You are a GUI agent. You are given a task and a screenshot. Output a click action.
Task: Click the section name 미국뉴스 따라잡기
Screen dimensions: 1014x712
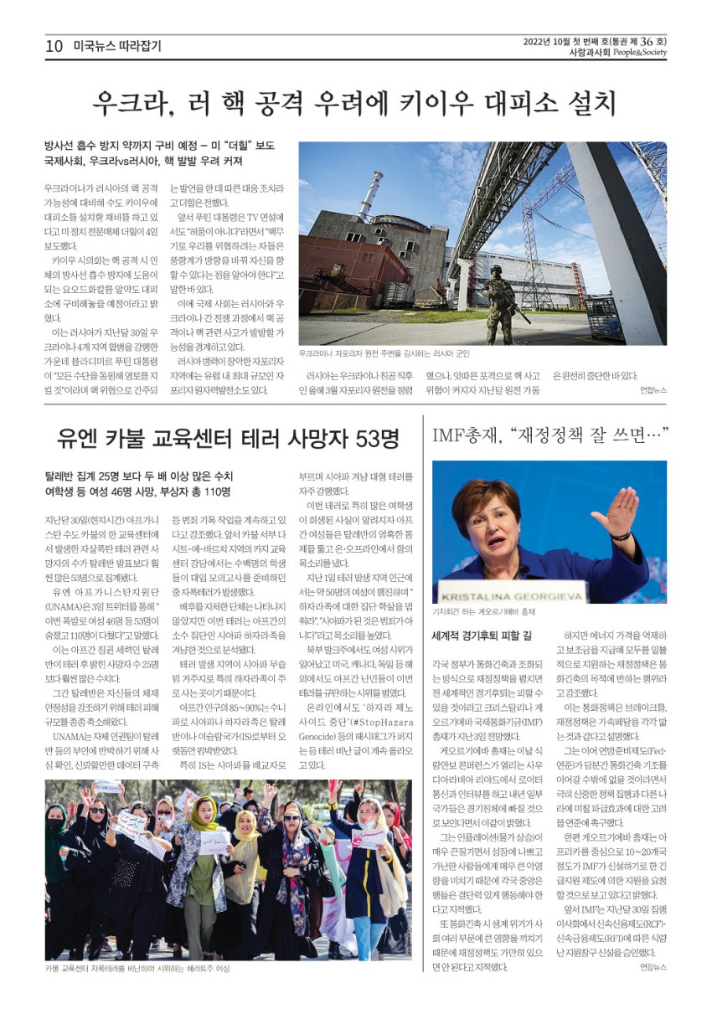[116, 47]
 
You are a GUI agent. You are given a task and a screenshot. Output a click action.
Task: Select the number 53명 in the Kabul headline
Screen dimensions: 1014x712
[367, 438]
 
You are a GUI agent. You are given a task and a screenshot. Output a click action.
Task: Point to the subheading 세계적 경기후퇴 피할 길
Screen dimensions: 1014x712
[482, 636]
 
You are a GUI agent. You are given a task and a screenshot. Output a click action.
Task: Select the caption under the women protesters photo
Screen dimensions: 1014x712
[137, 969]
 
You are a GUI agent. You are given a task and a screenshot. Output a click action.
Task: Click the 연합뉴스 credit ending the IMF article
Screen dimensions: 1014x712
[653, 967]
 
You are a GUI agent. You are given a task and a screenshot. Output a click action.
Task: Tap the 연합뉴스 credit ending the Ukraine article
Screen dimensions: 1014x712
[653, 390]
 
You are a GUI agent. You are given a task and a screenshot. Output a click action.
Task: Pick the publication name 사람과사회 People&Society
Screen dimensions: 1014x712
[617, 53]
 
